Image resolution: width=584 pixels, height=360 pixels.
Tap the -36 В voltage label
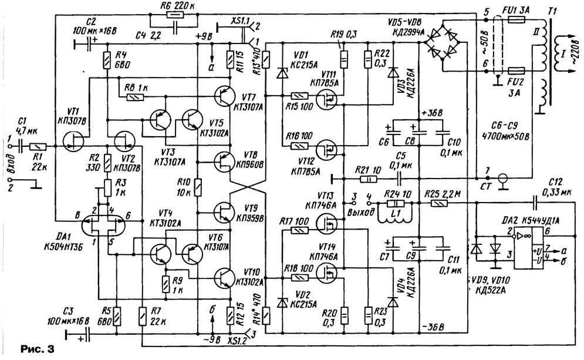[434, 327]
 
